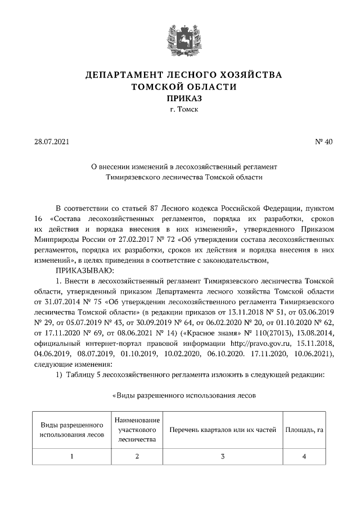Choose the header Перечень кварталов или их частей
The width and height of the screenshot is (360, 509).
(223, 430)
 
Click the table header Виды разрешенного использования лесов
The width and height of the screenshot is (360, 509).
(71, 430)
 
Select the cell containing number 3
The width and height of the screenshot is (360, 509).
(223, 456)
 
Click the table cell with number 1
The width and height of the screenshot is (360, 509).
(71, 456)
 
